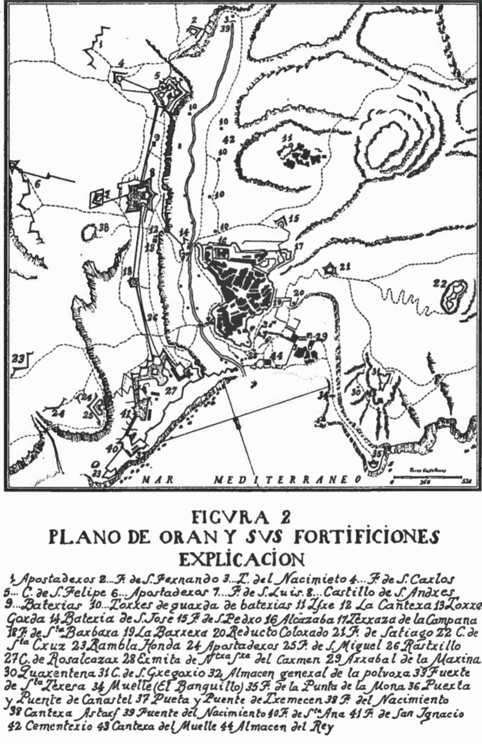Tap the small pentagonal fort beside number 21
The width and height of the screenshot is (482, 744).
[x=330, y=268]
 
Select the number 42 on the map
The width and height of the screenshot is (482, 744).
[x=229, y=139]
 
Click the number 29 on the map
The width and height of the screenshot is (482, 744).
[x=321, y=336]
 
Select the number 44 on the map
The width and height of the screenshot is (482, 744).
[x=278, y=356]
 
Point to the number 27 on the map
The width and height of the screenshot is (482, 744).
[x=171, y=390]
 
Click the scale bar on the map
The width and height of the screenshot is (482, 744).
[x=427, y=476]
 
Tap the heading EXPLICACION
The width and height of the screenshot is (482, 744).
[x=241, y=559]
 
